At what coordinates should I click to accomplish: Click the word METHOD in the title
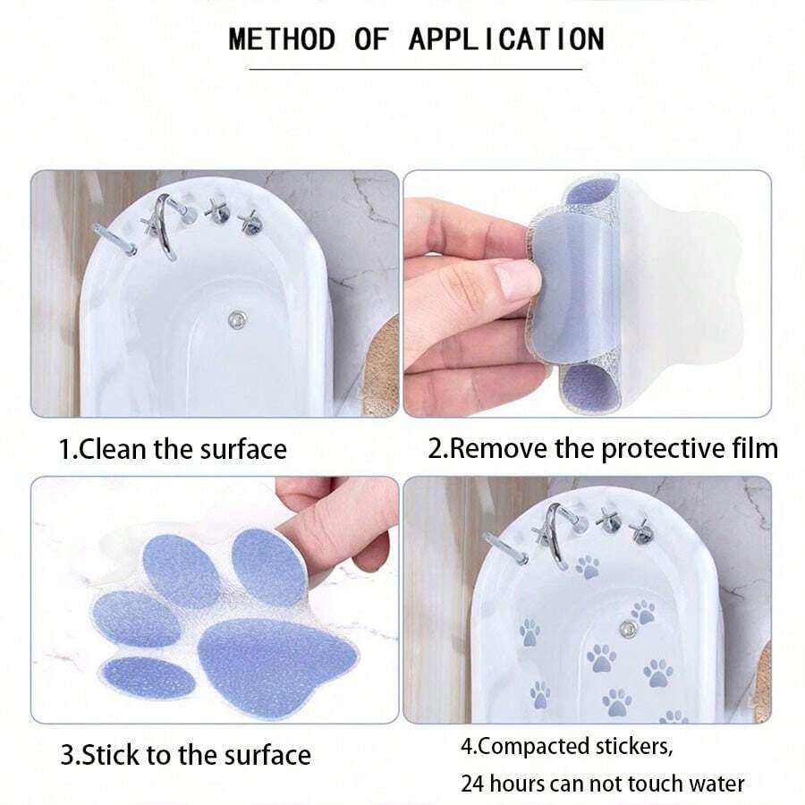[x=282, y=39]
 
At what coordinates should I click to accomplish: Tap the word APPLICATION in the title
[x=507, y=39]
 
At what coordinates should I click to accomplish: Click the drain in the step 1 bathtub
[x=237, y=319]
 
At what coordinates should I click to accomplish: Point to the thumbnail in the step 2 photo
[x=519, y=280]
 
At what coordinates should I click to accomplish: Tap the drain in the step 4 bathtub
[x=627, y=628]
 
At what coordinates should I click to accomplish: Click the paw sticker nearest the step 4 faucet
[x=588, y=567]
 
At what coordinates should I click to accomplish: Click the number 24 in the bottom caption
[x=471, y=784]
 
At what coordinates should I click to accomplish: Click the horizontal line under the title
[x=415, y=69]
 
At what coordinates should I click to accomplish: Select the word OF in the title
[x=371, y=39]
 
